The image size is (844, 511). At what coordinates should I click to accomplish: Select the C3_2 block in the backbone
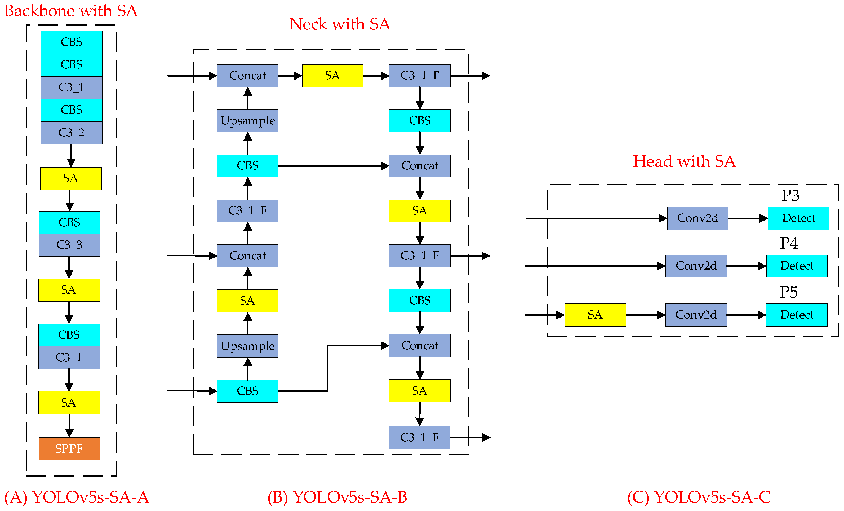click(x=72, y=133)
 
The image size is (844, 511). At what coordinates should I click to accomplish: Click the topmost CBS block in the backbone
click(x=72, y=42)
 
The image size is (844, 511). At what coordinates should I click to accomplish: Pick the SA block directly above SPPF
click(x=69, y=402)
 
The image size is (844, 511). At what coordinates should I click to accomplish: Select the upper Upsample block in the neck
click(x=248, y=121)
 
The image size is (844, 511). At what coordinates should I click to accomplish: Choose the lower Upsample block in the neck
click(x=248, y=346)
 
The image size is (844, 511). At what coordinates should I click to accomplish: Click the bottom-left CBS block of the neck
click(x=248, y=391)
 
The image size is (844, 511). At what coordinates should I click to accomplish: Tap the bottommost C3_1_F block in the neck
click(x=419, y=437)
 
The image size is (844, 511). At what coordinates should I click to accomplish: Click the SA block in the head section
click(x=595, y=315)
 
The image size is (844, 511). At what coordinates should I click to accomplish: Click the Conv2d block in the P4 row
click(x=696, y=266)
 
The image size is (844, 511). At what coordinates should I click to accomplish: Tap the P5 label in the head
click(x=789, y=292)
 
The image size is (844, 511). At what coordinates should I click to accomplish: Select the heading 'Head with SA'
click(x=684, y=161)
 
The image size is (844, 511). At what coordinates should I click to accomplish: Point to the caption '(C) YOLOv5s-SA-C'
click(x=699, y=497)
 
